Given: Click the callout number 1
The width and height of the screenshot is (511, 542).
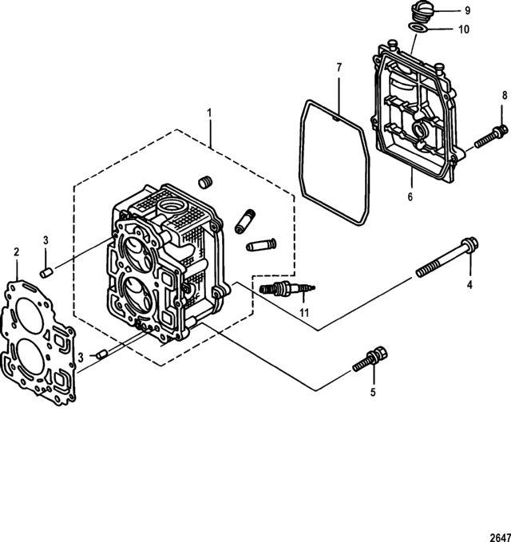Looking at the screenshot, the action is coord(209,113).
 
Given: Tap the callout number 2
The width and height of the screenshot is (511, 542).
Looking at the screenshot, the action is coord(16,252).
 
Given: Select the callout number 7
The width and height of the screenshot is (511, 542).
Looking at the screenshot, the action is coord(339,67).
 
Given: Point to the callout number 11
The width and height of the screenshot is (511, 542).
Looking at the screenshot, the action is coord(304,313).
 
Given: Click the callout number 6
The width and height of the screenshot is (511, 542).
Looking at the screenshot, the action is coord(410,196).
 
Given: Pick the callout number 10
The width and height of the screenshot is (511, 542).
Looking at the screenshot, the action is coord(464,30).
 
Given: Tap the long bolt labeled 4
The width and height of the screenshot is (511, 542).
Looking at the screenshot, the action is coord(447,257).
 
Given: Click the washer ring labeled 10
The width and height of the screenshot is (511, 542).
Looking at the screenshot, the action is coord(418,28).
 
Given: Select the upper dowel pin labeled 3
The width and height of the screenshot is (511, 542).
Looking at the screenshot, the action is coord(46,272).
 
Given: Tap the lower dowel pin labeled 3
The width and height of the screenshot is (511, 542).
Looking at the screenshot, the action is coord(101,354).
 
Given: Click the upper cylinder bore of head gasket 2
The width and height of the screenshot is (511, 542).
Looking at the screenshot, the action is coord(30,316).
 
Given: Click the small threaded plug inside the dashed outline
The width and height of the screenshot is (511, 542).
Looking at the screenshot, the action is coord(205,182).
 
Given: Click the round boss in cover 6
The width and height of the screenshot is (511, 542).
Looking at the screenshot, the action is coord(421,130).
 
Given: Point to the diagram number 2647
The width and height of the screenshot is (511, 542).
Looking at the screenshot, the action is coord(501,537).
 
